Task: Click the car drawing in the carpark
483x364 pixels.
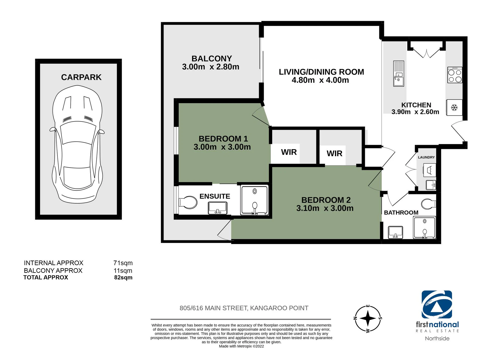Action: [77, 144]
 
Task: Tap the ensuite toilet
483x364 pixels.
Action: [188, 203]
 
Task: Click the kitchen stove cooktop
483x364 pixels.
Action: [455, 75]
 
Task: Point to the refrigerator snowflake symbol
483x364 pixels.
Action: [454, 108]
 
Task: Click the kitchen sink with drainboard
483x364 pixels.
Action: [399, 73]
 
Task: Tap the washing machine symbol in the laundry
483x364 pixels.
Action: [429, 170]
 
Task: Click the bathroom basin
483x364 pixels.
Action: [395, 232]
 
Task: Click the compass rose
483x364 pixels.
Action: [368, 318]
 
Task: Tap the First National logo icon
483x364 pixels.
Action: [437, 304]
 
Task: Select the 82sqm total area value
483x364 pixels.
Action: [123, 277]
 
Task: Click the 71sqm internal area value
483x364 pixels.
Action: [123, 263]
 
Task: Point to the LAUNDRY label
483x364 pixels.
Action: [426, 157]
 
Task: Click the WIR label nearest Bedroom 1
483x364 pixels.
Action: [289, 152]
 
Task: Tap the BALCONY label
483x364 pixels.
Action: [212, 59]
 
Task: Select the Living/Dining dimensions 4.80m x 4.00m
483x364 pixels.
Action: [320, 80]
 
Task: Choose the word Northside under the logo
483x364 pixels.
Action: [437, 338]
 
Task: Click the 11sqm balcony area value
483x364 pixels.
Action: [123, 271]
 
